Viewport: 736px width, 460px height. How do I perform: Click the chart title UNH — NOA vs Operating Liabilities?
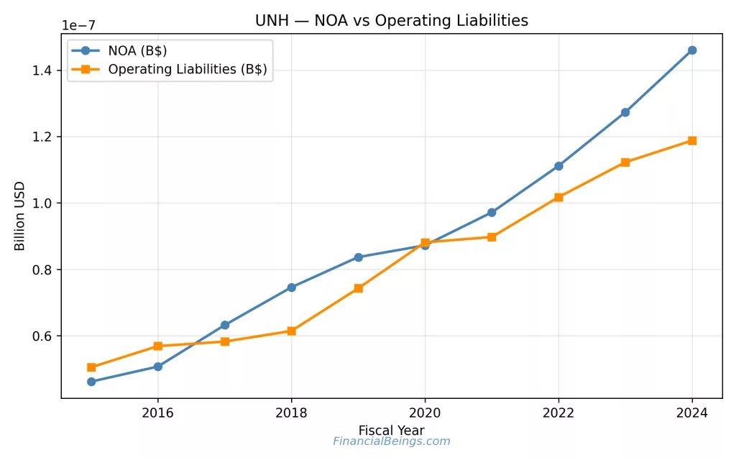(391, 21)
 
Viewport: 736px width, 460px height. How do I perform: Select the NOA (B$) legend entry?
(137, 50)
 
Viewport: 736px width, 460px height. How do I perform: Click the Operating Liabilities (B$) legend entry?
(187, 70)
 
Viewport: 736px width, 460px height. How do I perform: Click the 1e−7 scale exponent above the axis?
(78, 26)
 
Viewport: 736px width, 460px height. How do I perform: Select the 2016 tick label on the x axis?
(157, 413)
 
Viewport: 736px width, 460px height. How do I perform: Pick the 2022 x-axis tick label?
(558, 413)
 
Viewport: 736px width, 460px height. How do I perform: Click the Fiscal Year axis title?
(391, 431)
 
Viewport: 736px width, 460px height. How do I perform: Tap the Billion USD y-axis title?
(20, 216)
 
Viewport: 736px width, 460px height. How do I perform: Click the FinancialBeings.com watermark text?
(391, 442)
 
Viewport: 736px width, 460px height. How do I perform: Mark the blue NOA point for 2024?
(692, 50)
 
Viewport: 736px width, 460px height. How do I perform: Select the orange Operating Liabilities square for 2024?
(692, 141)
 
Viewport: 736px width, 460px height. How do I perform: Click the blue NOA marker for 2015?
(91, 382)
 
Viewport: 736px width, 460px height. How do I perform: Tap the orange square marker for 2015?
(91, 367)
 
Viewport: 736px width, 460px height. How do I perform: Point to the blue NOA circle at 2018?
(291, 287)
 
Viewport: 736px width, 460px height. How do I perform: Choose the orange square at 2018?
(291, 331)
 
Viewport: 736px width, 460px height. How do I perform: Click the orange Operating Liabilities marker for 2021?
(492, 236)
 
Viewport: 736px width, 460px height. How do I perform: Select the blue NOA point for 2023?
(625, 112)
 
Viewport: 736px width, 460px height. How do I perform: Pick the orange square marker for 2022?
(558, 197)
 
